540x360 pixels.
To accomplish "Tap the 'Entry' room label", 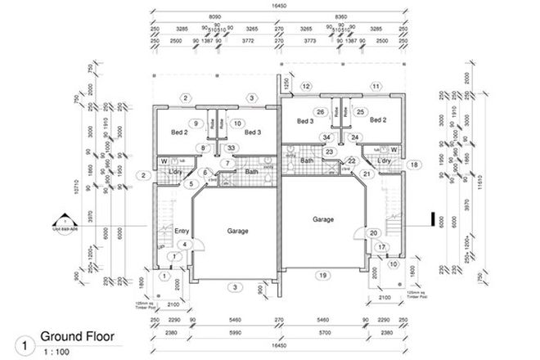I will [182, 232].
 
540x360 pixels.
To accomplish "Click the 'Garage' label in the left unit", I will [236, 231].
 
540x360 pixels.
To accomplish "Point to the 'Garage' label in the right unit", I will [325, 220].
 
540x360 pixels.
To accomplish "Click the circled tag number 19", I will [323, 275].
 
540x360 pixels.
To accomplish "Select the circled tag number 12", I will [306, 86].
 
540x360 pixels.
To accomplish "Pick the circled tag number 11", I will [376, 86].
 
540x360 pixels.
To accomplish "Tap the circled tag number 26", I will [322, 112].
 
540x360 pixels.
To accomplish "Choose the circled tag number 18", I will [414, 164].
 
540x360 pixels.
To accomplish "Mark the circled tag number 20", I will [373, 233].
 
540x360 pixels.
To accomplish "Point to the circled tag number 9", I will [196, 124].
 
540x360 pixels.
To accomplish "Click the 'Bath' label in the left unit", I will [251, 172].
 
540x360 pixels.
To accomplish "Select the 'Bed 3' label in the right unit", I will [305, 121].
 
